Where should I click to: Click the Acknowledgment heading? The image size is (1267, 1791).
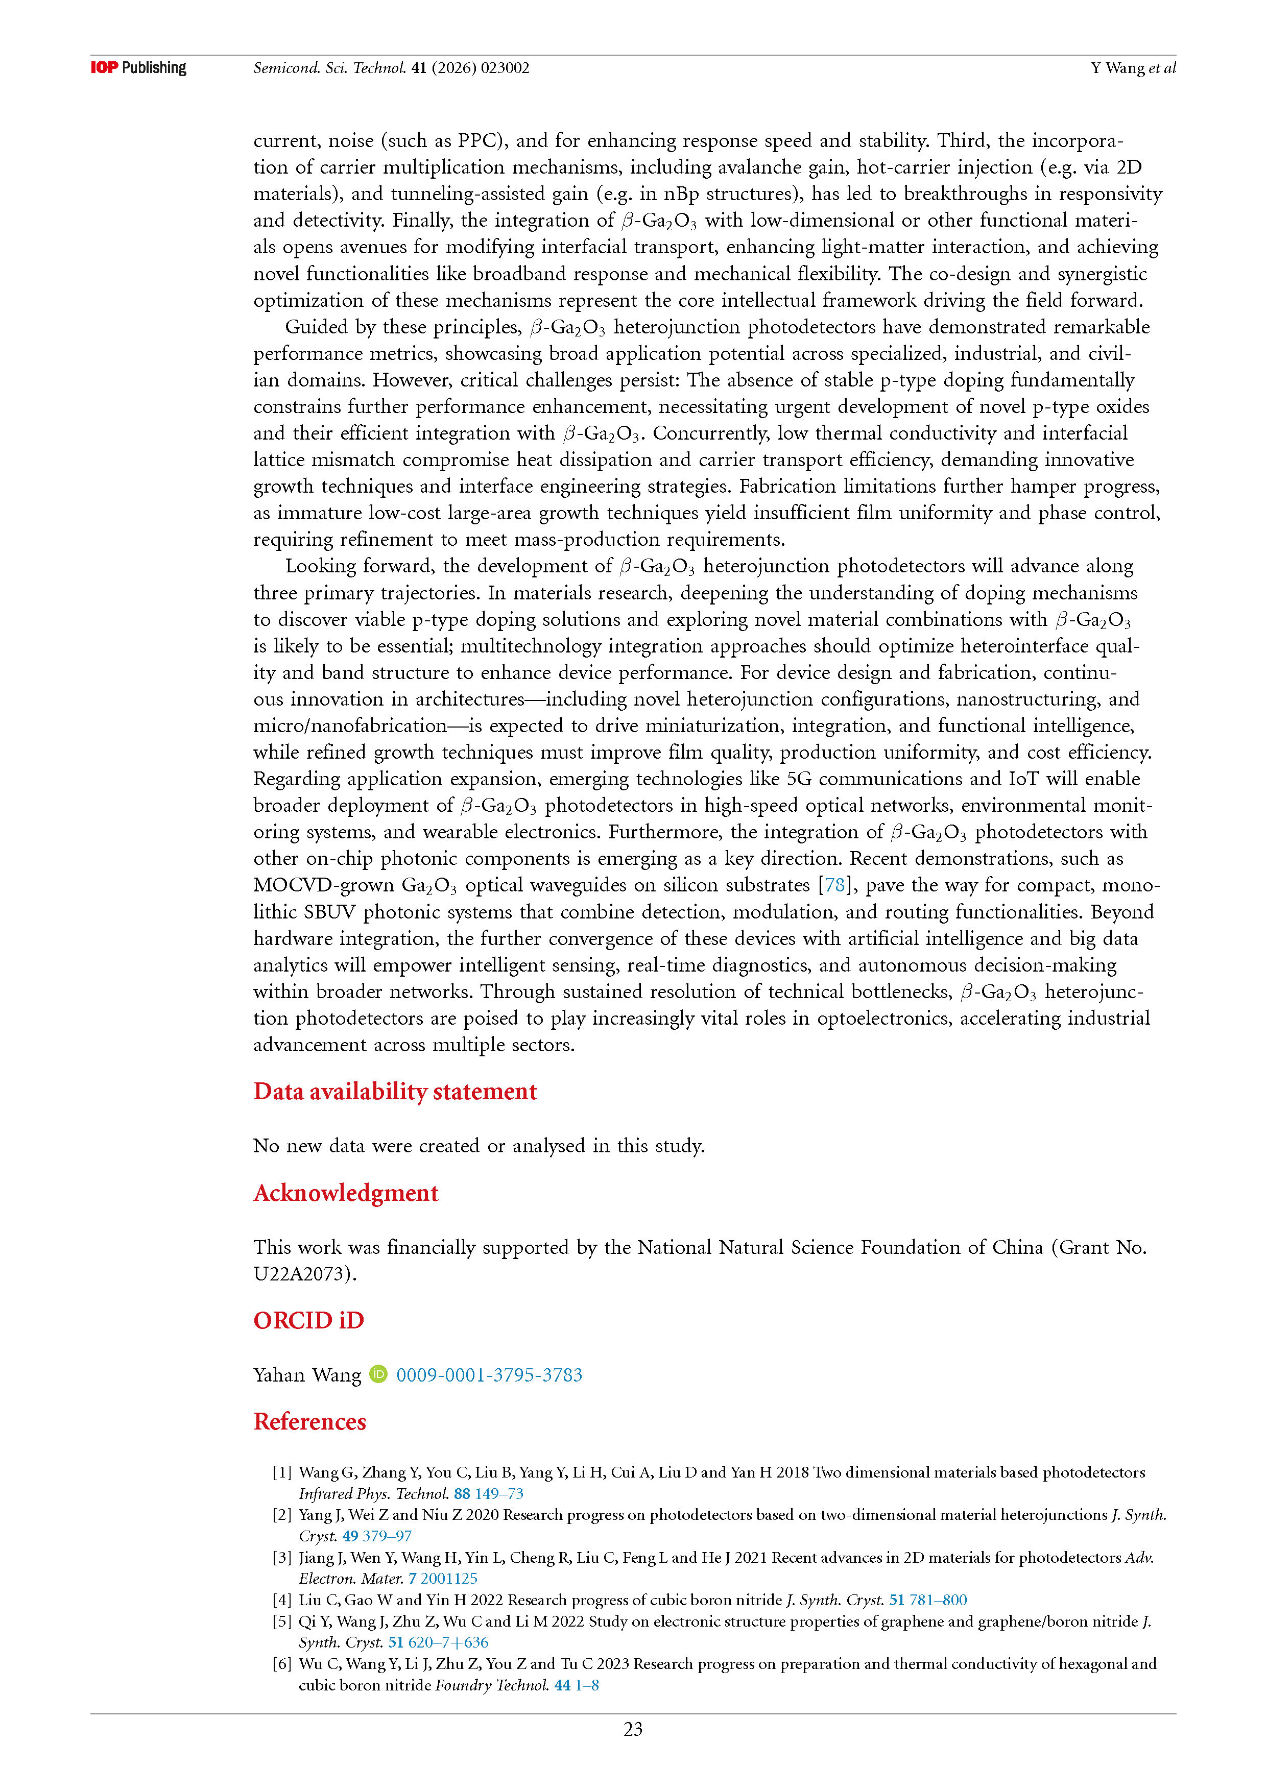(346, 1193)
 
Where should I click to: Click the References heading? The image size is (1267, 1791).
(310, 1421)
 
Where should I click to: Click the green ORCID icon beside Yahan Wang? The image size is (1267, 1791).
(378, 1374)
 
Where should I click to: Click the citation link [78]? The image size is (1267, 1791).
(835, 885)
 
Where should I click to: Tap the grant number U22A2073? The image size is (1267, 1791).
(304, 1274)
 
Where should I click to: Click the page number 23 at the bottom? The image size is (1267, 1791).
(633, 1729)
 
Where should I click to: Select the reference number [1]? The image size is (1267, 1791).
(282, 1472)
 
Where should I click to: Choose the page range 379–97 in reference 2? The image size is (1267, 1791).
(387, 1535)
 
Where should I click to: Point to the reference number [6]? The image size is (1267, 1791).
(282, 1663)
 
